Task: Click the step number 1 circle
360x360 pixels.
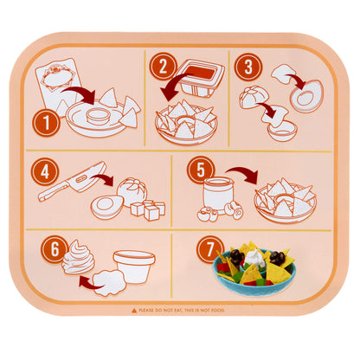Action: pos(48,123)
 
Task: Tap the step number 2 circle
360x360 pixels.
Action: pos(162,66)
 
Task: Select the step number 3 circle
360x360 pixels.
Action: pos(247,66)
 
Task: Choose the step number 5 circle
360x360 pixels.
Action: pos(201,172)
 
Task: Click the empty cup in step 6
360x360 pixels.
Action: pos(134,264)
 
